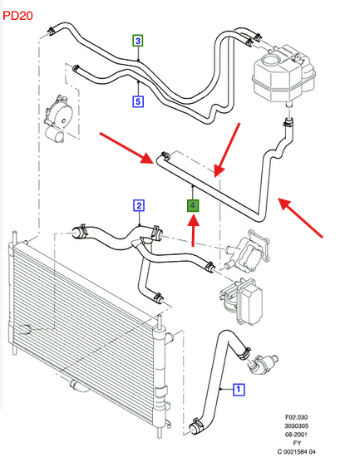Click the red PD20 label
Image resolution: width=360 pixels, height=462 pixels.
click(x=17, y=16)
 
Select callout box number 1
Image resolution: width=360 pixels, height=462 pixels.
click(x=239, y=390)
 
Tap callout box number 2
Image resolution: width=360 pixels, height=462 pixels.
click(x=139, y=206)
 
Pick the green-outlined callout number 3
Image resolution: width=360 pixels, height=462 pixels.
click(x=138, y=41)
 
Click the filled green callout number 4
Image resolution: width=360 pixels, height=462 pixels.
click(x=193, y=206)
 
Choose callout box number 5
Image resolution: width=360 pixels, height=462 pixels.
click(x=138, y=101)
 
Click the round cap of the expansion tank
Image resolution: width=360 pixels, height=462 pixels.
click(x=271, y=61)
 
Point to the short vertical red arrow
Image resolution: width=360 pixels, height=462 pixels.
click(x=193, y=231)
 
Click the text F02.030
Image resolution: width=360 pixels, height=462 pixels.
click(x=296, y=417)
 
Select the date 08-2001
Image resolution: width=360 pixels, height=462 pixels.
click(x=296, y=434)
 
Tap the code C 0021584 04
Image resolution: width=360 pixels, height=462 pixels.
click(x=296, y=451)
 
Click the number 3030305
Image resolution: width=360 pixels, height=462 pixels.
click(x=296, y=425)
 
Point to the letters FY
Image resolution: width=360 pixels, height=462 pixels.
click(x=297, y=443)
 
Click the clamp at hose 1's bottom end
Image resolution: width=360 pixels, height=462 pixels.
click(x=195, y=425)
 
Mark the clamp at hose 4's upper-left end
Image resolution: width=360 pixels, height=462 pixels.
click(x=164, y=155)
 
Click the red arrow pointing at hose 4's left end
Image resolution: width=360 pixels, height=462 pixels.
click(x=126, y=148)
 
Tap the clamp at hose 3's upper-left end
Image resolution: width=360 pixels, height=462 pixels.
click(x=52, y=31)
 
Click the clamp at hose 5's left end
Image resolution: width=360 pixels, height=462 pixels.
click(x=76, y=68)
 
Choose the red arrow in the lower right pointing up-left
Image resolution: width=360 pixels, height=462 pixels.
click(x=300, y=218)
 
